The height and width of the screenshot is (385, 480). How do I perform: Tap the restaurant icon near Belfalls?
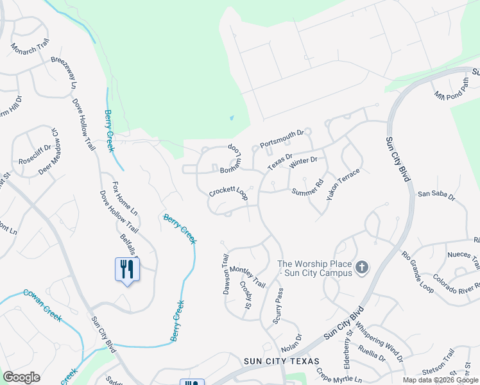126,269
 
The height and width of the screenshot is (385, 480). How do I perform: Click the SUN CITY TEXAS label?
281,361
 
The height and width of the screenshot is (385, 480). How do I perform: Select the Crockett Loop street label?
228,193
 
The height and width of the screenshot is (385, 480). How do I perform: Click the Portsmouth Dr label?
281,139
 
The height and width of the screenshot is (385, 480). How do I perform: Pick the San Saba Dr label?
436,194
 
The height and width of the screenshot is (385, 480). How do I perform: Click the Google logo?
21,377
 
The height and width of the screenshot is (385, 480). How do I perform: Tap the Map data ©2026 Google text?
440,380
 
